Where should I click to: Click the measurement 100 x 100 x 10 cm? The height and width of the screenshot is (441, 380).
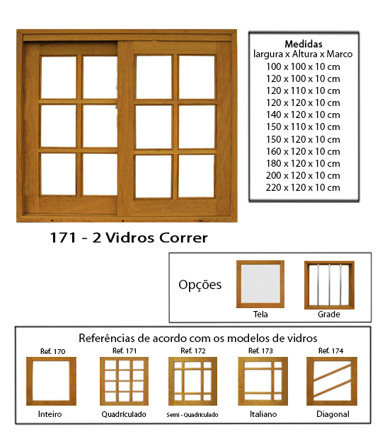tap(303, 66)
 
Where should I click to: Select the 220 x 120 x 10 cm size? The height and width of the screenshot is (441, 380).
tap(303, 187)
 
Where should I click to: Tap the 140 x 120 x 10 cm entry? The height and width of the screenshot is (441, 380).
tap(303, 114)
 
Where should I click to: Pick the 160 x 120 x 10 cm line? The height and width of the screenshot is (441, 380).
tap(303, 151)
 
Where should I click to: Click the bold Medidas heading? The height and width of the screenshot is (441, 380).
tap(304, 44)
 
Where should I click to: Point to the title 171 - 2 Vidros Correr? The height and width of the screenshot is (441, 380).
tap(129, 237)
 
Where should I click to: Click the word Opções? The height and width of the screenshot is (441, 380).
tap(200, 285)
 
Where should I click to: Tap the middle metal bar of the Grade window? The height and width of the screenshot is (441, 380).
tap(329, 285)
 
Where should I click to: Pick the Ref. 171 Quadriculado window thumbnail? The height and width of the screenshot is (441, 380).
tap(125, 381)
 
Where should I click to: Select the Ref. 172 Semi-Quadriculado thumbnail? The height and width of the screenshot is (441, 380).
tap(192, 381)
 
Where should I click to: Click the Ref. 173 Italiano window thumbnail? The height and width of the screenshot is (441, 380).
tap(263, 381)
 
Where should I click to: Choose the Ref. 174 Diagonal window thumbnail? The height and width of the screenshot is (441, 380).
tap(332, 381)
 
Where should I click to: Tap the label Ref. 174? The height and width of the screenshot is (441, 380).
tap(330, 351)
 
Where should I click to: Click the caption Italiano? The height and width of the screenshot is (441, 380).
tap(263, 414)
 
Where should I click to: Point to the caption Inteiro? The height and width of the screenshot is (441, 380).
tap(50, 414)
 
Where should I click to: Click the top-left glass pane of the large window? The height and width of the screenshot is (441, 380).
tap(59, 77)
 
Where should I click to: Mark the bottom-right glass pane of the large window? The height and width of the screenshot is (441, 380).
tap(196, 176)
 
